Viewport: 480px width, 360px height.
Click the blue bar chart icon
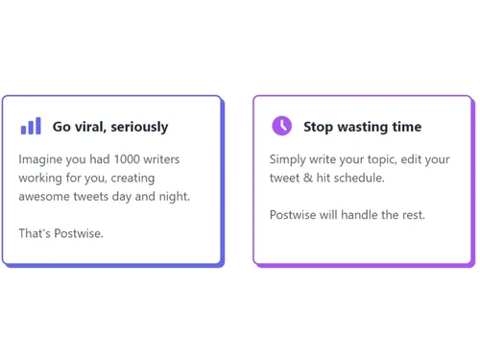31,126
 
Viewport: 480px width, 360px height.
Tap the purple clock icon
281,126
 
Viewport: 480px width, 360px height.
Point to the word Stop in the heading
320,127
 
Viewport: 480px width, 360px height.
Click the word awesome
48,196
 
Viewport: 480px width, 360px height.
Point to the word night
172,196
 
